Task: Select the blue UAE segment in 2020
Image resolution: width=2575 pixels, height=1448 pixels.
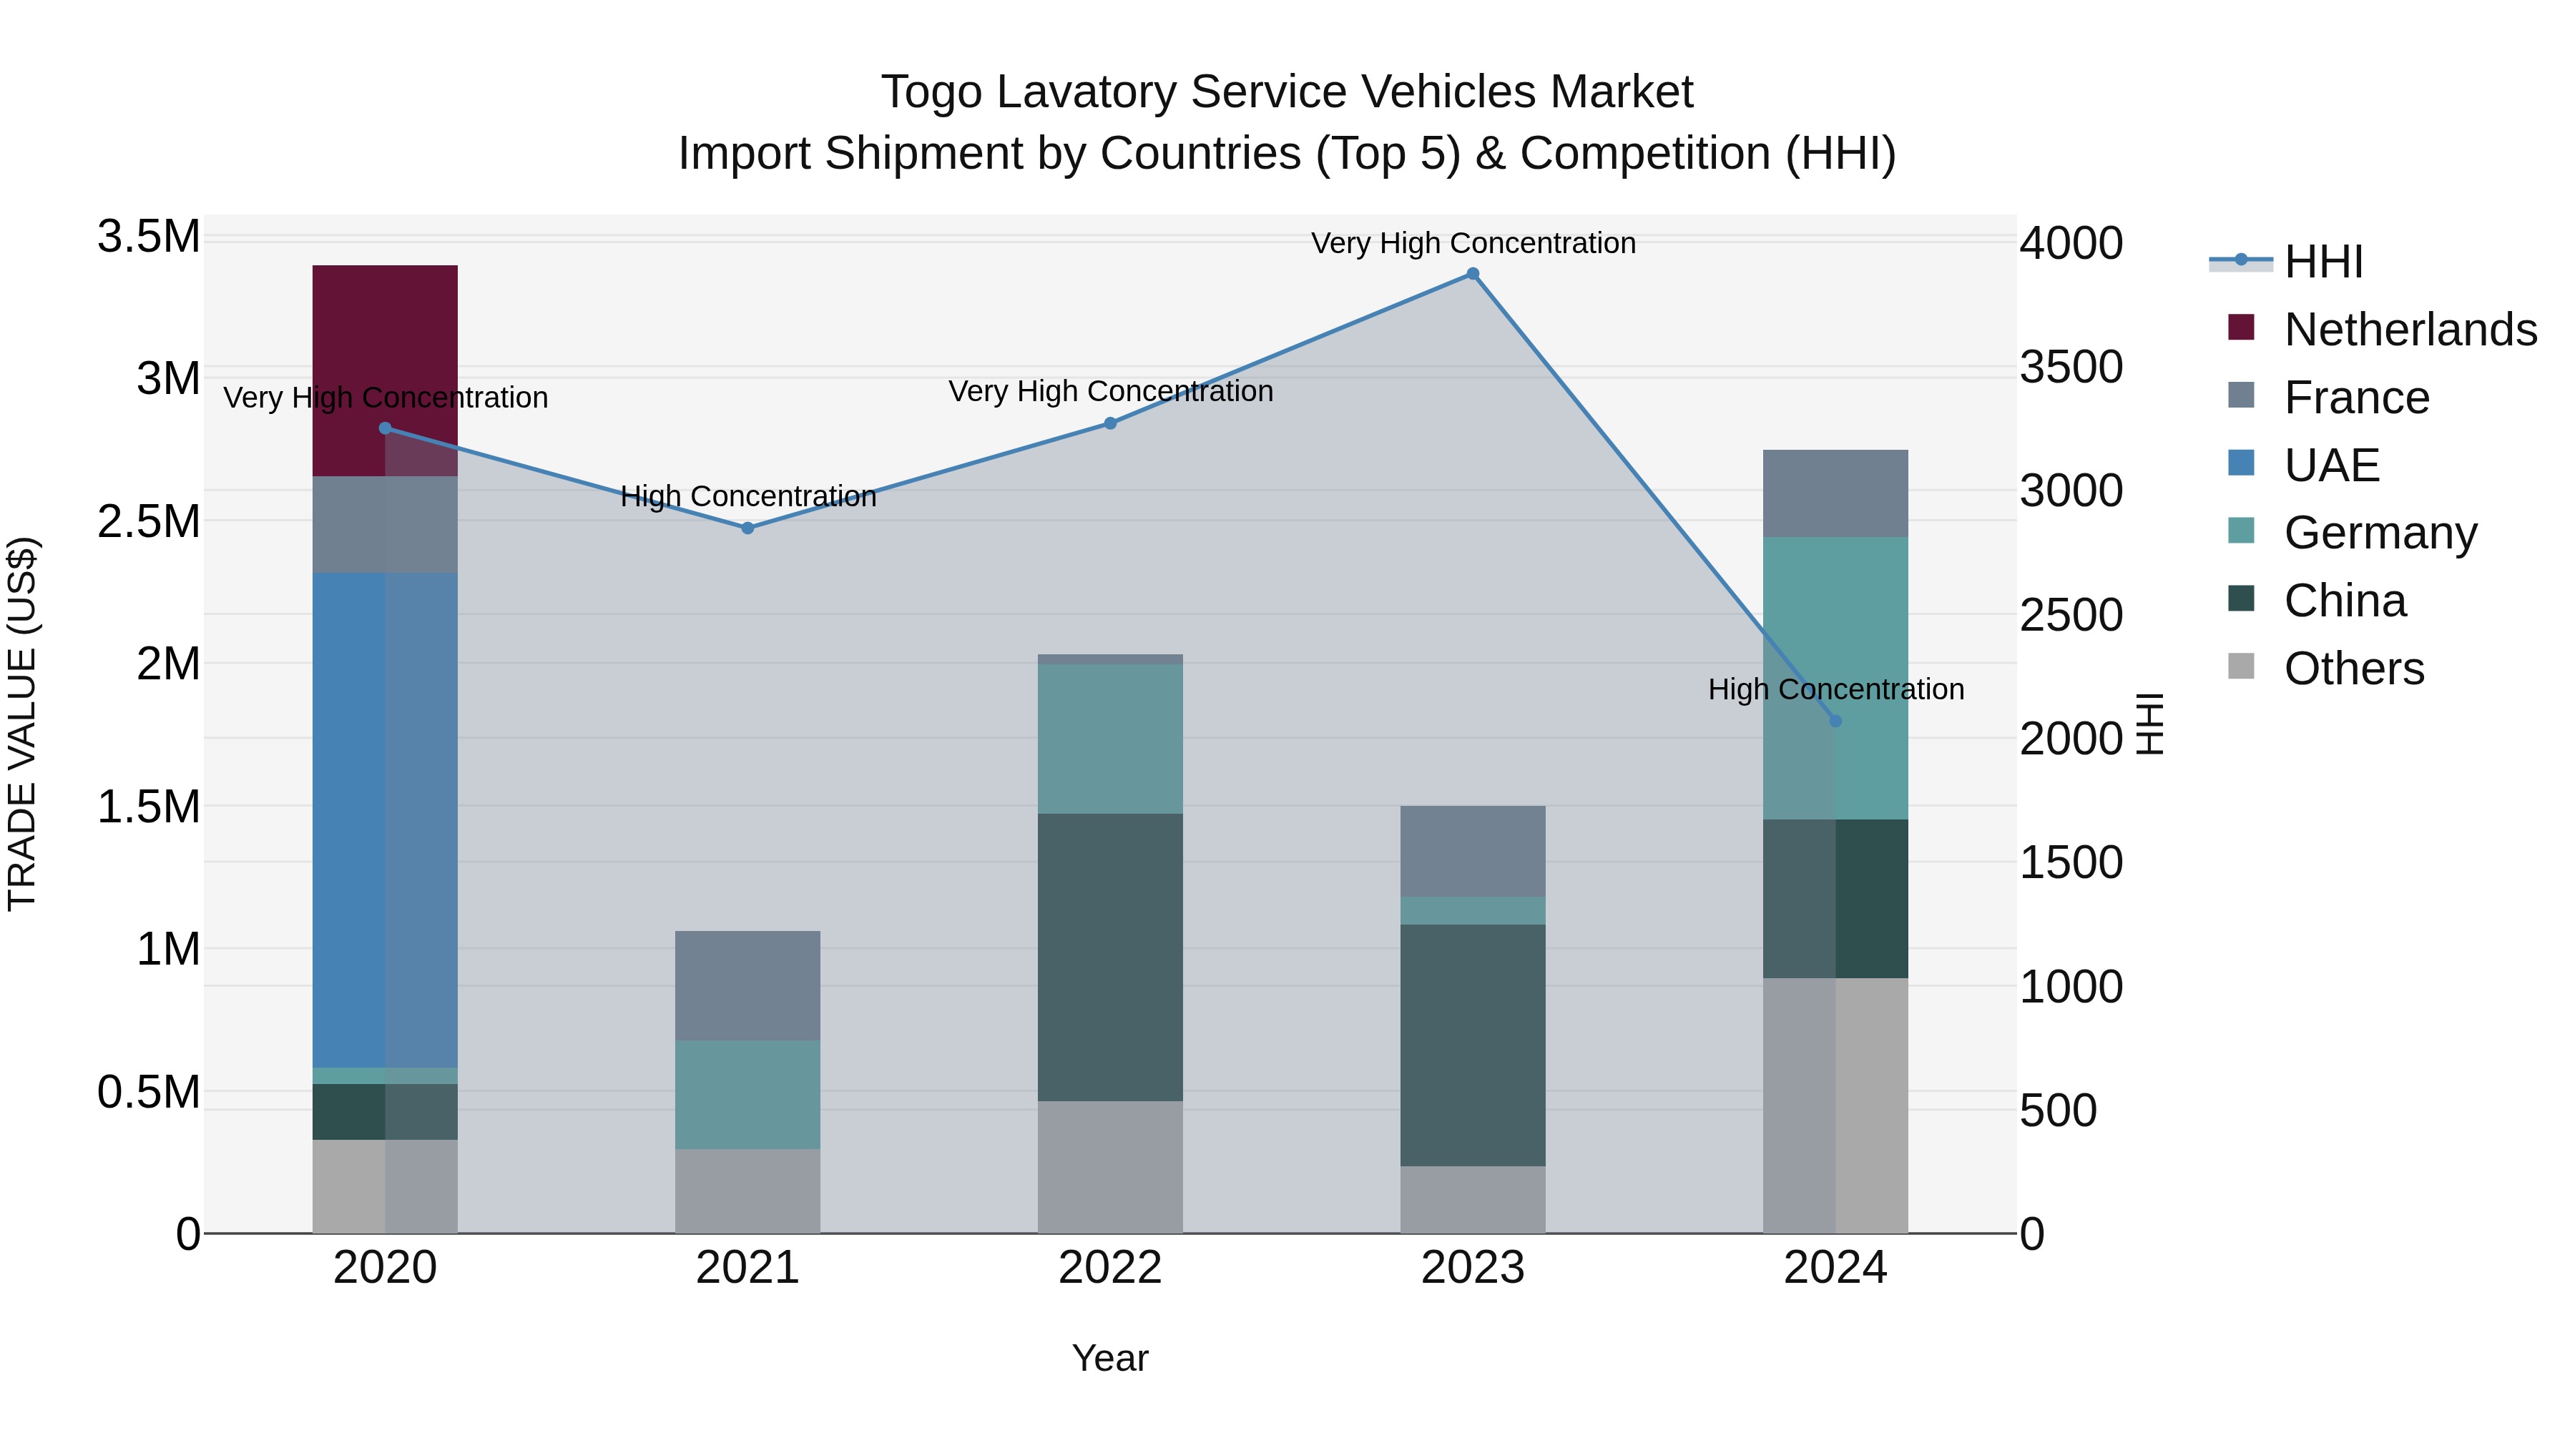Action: tap(385, 819)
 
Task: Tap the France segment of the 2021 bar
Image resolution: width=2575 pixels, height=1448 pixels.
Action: tap(747, 985)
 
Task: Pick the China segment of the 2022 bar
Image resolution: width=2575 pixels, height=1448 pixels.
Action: tap(1109, 957)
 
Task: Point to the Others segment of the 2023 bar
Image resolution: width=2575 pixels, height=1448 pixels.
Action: tap(1473, 1199)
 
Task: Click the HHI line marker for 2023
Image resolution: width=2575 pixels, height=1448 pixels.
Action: tap(1473, 274)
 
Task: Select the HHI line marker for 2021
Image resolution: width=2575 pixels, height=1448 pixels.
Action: tap(747, 528)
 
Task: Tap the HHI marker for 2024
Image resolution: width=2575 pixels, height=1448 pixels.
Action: tap(1835, 721)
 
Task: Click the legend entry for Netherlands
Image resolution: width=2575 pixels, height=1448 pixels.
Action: tap(2410, 330)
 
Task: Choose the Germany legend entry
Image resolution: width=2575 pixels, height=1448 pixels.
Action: tap(2380, 533)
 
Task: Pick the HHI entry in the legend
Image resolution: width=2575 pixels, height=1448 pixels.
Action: tap(2323, 262)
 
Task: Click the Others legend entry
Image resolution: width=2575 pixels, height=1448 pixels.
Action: tap(2354, 669)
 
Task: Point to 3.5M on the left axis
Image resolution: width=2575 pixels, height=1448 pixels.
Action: tap(149, 238)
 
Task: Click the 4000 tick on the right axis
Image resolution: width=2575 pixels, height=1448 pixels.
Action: tap(2071, 244)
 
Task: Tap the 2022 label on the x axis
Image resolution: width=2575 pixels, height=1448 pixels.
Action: tap(1109, 1268)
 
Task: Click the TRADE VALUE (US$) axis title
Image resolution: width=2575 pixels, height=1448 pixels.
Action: tap(22, 724)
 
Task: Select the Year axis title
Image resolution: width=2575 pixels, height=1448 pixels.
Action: tap(1109, 1358)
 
